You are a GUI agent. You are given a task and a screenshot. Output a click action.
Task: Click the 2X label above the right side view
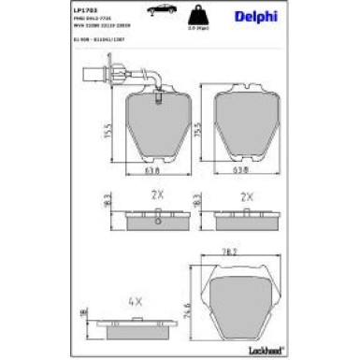pyautogui.click(x=247, y=197)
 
